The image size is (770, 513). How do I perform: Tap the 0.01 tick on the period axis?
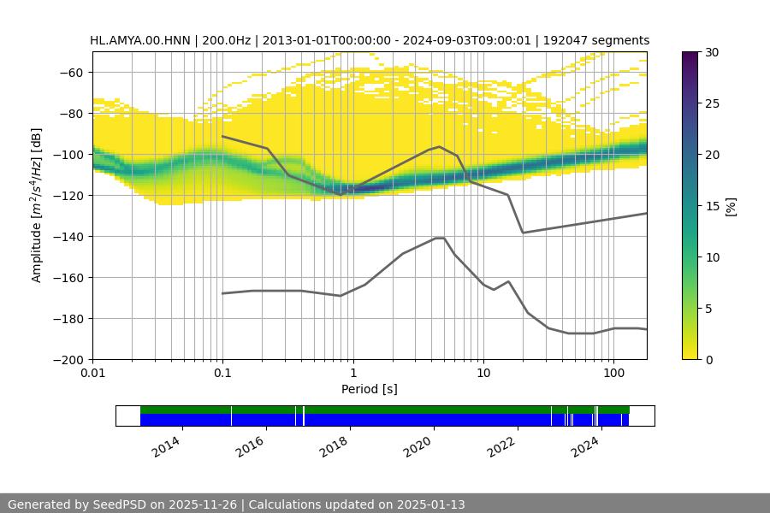(x=92, y=373)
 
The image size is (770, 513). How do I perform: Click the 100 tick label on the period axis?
(x=613, y=373)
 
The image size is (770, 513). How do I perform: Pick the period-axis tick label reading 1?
(x=352, y=373)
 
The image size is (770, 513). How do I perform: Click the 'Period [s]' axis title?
(x=370, y=389)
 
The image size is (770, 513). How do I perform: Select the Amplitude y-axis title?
(x=37, y=205)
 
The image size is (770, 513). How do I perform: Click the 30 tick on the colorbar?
(x=712, y=52)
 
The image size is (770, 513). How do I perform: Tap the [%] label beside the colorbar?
(x=730, y=205)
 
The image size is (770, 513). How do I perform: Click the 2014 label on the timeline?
(x=168, y=444)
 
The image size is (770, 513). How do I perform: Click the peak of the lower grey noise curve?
(x=440, y=238)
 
